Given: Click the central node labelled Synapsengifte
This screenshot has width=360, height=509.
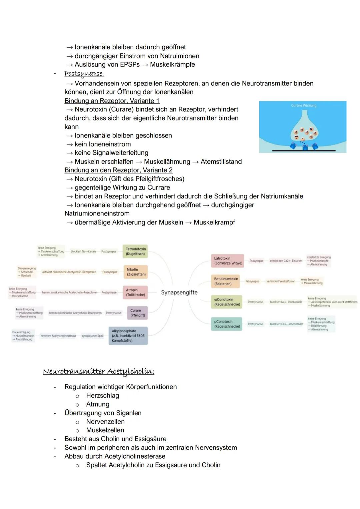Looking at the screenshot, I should pyautogui.click(x=179, y=293).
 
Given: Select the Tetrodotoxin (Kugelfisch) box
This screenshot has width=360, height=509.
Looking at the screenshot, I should pyautogui.click(x=135, y=251).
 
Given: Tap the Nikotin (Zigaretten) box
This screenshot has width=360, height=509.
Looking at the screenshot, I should pyautogui.click(x=136, y=272).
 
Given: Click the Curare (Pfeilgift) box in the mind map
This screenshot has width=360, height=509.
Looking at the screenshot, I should pyautogui.click(x=137, y=313).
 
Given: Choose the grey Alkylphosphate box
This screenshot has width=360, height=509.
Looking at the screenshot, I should pyautogui.click(x=128, y=336).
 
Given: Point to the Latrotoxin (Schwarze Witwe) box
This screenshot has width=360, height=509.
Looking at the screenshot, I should pyautogui.click(x=228, y=261).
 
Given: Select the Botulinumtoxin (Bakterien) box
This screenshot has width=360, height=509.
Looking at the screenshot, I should pyautogui.click(x=226, y=281).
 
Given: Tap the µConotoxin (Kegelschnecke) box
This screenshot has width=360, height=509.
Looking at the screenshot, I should pyautogui.click(x=227, y=324).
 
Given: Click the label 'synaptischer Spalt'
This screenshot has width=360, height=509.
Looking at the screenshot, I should pyautogui.click(x=93, y=336).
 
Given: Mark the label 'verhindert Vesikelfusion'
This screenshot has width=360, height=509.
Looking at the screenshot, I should pyautogui.click(x=281, y=281).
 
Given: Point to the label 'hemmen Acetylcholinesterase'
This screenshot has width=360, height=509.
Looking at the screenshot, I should pyautogui.click(x=58, y=336).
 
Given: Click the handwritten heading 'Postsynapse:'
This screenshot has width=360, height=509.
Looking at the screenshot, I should pyautogui.click(x=84, y=73).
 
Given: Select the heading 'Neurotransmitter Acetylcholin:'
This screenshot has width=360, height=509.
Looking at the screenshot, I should pyautogui.click(x=99, y=371).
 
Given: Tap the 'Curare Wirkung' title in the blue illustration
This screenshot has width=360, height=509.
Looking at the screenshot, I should pyautogui.click(x=303, y=105).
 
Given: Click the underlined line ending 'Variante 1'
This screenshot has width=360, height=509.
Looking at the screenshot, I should pyautogui.click(x=112, y=101).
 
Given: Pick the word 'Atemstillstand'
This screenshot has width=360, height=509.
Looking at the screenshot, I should pyautogui.click(x=221, y=161).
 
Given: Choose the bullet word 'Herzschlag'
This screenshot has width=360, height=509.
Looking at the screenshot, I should pyautogui.click(x=102, y=396).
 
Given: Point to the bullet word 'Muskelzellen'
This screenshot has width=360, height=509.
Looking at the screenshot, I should pyautogui.click(x=105, y=430).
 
